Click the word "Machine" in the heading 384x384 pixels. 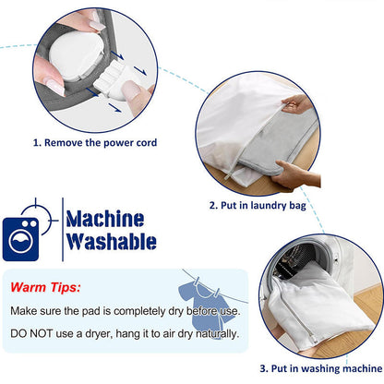tap(104, 219)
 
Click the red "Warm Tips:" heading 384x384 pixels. tap(45, 287)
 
